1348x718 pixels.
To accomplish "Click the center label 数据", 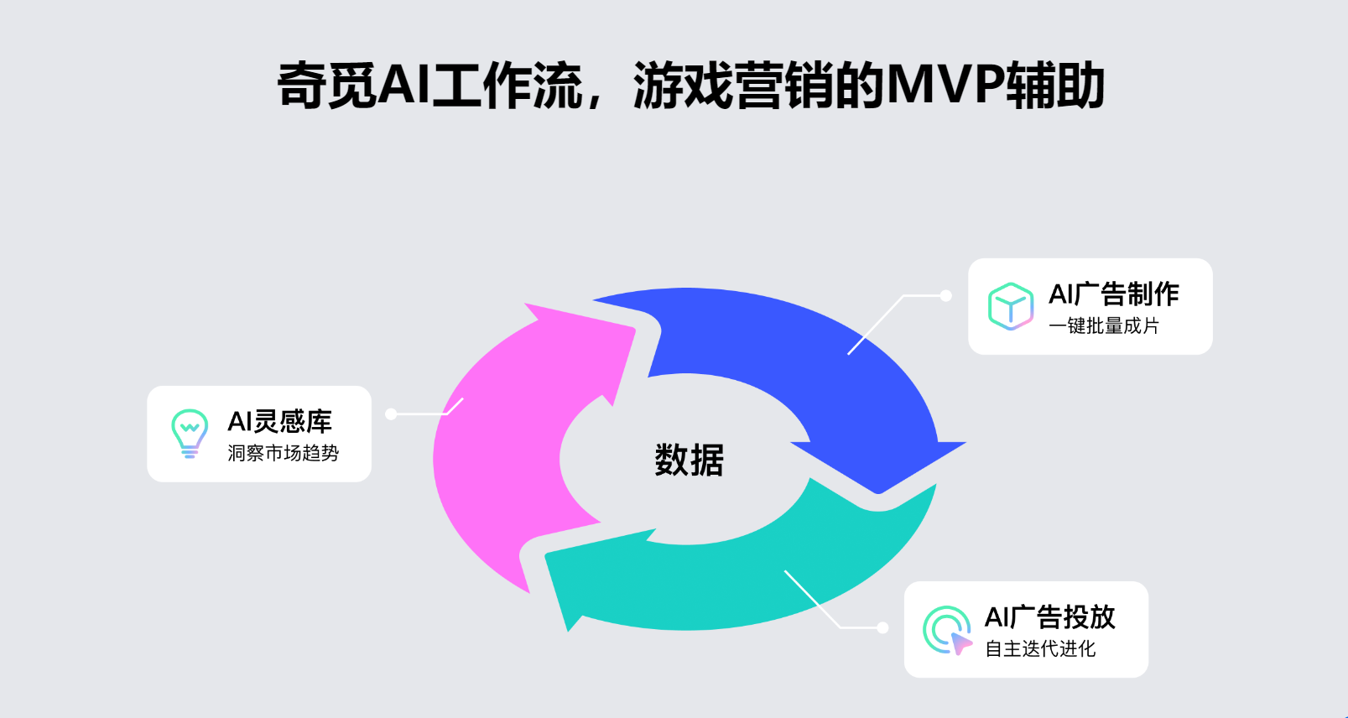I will click(689, 460).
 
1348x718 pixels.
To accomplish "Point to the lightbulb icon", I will click(190, 433).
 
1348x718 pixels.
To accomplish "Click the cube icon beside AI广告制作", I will click(1010, 306).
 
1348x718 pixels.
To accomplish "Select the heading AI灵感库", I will click(280, 421).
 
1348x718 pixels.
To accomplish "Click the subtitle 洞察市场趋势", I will click(284, 453).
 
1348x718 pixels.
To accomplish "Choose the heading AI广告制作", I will click(1114, 294).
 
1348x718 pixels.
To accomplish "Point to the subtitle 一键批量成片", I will click(1104, 325).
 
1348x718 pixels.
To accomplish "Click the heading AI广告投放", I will click(1049, 617).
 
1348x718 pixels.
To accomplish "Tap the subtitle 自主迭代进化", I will click(1040, 648).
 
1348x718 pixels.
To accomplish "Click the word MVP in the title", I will click(945, 86).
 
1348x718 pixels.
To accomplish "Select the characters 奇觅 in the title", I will click(327, 86).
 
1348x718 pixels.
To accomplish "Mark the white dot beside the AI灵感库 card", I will click(391, 414).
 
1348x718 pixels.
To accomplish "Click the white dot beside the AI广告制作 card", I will click(945, 295).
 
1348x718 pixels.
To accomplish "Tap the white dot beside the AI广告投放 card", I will click(882, 627).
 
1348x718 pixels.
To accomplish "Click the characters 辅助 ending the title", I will click(1055, 86).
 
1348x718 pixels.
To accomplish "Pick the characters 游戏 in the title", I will click(684, 86).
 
